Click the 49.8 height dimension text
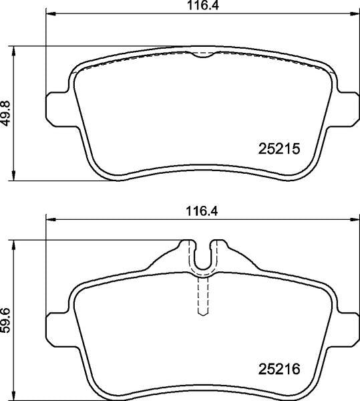[7, 114]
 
